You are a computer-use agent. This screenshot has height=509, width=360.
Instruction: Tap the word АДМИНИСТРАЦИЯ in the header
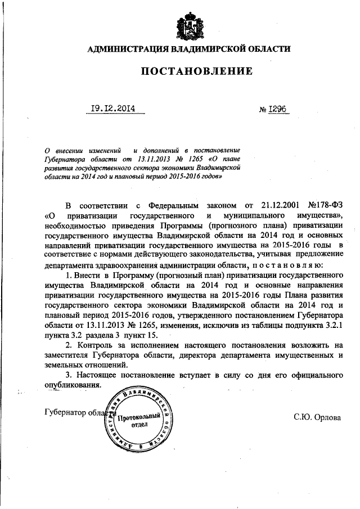(x=127, y=49)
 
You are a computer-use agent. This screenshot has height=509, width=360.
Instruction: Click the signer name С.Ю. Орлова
(x=317, y=417)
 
